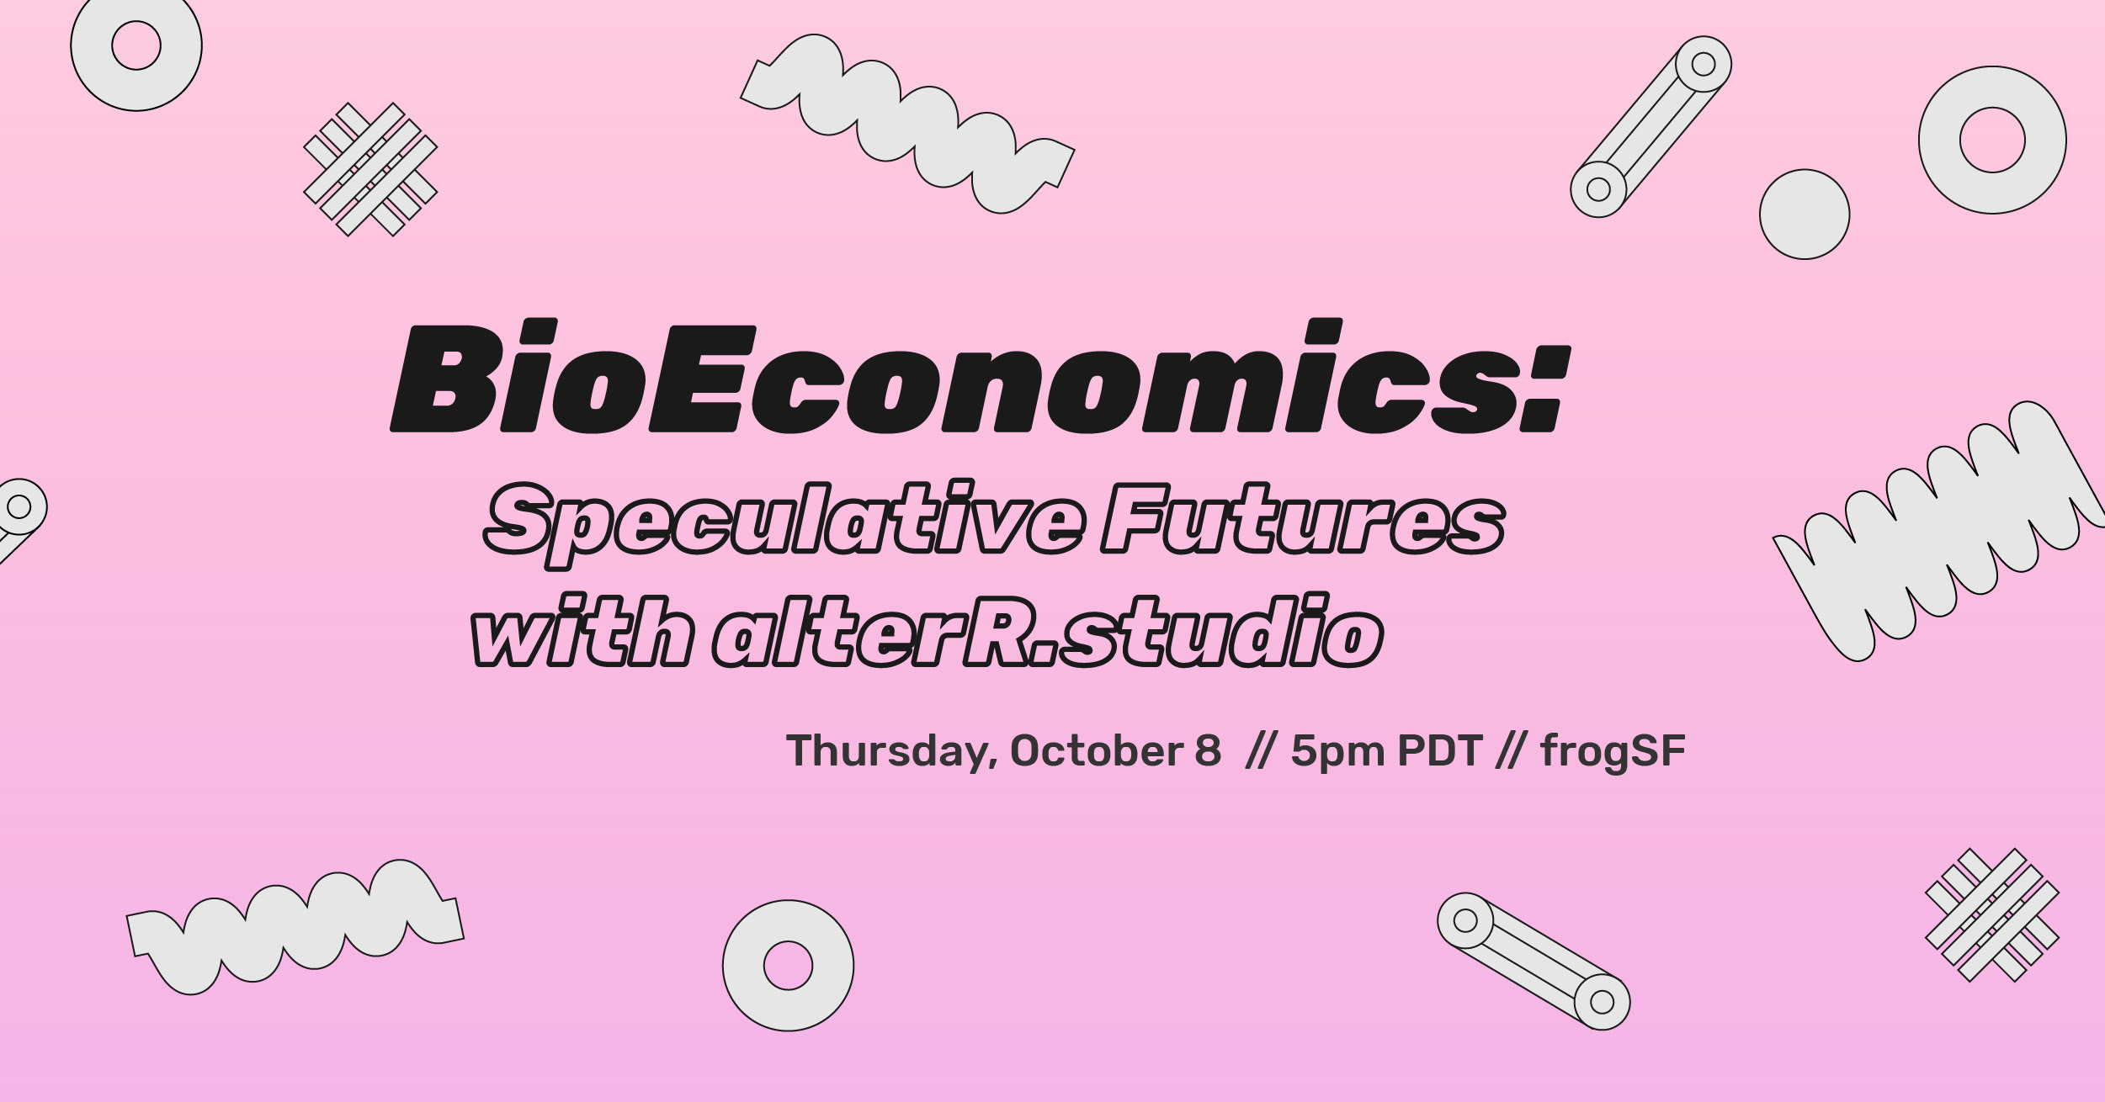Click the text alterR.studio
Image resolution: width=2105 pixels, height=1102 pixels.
1048,630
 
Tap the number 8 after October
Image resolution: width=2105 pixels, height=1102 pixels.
1207,750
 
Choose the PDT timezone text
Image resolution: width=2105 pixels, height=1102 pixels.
1439,750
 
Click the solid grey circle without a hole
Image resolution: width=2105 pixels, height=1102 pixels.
1805,214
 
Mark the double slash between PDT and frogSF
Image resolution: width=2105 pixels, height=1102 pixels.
1511,751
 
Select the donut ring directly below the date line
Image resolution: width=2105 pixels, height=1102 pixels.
788,965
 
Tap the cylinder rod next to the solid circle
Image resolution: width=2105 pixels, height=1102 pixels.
1651,127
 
